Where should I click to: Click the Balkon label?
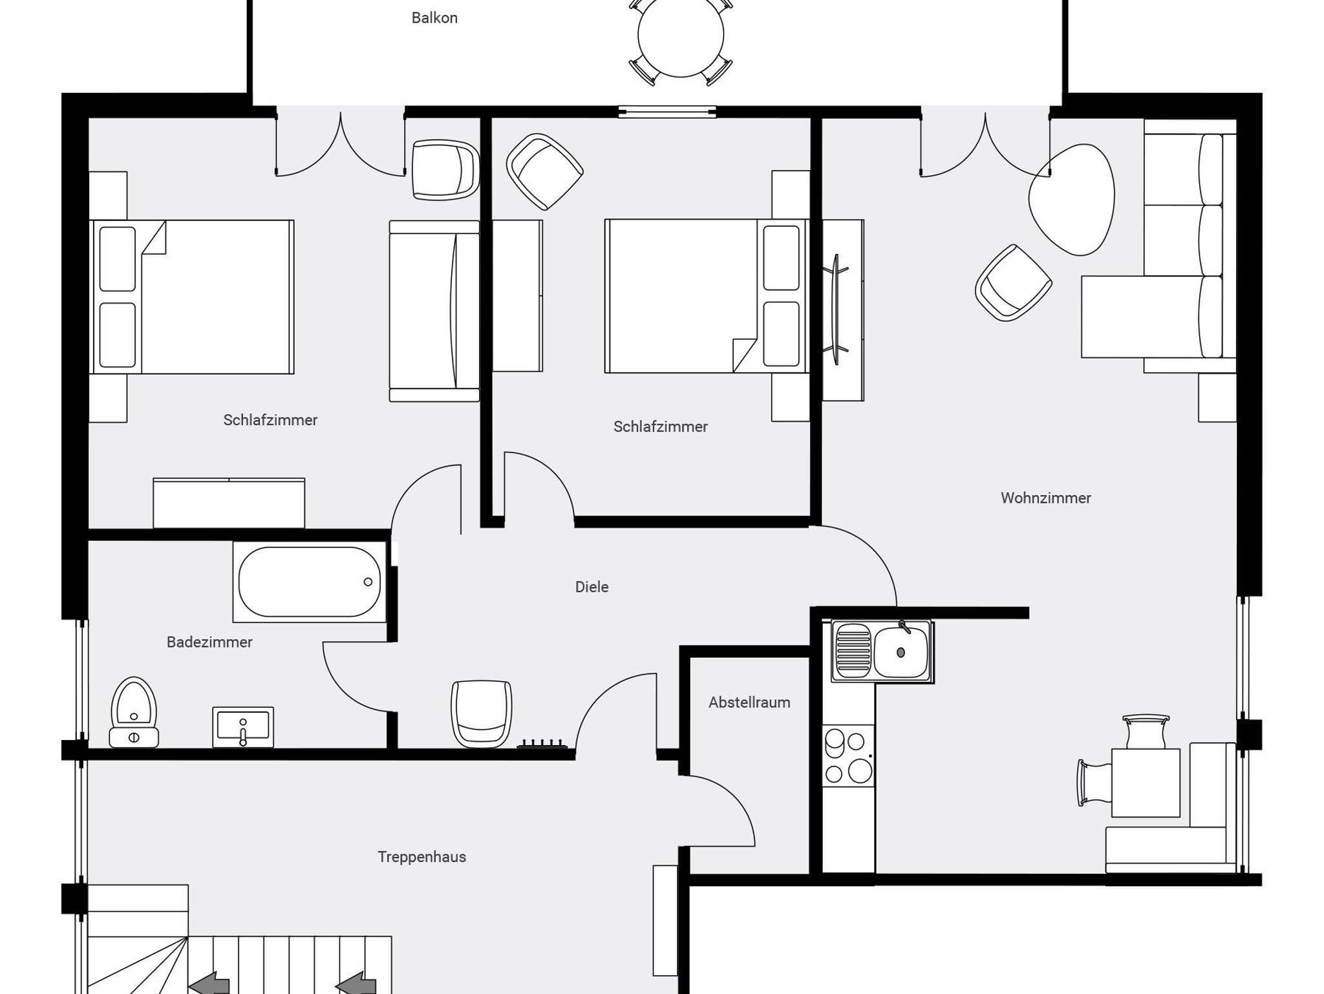point(434,18)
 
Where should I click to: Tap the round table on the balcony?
point(681,35)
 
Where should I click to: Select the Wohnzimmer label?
point(1045,498)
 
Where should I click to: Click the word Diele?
point(592,587)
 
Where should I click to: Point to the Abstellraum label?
point(749,703)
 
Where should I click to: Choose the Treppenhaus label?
point(422,857)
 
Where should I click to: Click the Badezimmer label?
point(209,642)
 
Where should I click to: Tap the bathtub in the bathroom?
point(310,582)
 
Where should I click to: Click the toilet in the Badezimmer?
point(134,712)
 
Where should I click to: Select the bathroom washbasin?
point(243,727)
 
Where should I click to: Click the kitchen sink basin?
point(901,651)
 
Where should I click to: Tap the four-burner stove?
point(848,756)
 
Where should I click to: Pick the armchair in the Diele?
point(482,714)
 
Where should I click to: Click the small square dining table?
point(1146,783)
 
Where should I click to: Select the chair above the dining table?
point(1146,732)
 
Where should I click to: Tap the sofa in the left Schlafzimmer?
point(434,311)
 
